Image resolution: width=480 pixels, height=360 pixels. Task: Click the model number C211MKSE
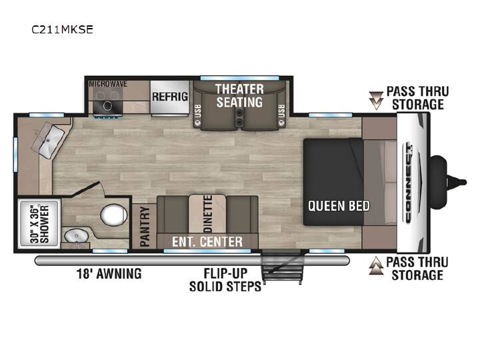point(62,29)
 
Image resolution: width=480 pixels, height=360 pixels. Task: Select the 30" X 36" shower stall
point(39,224)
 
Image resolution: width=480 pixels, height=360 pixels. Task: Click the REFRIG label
point(170,97)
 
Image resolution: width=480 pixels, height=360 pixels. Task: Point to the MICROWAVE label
point(108,84)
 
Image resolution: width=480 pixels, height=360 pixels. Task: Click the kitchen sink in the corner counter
point(49,141)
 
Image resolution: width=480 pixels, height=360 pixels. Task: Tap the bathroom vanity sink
point(76,236)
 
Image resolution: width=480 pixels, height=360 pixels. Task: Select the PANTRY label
point(145,227)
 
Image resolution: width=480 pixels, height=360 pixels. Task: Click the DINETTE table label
point(208,214)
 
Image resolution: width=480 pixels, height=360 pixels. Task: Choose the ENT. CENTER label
point(207,242)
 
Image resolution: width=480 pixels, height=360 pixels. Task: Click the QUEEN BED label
point(339,206)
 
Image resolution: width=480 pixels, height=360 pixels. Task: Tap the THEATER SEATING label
point(239,95)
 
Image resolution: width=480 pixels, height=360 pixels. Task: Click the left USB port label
point(198,111)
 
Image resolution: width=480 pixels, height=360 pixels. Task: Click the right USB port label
point(281,111)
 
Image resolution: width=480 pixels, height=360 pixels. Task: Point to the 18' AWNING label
point(109,273)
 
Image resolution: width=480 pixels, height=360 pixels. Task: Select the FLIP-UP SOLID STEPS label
point(225,279)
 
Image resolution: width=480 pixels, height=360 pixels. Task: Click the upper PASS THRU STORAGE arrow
point(376,101)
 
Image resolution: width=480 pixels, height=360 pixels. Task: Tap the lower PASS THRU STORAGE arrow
point(376,265)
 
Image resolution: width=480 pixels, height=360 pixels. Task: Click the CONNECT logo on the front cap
point(409,184)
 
